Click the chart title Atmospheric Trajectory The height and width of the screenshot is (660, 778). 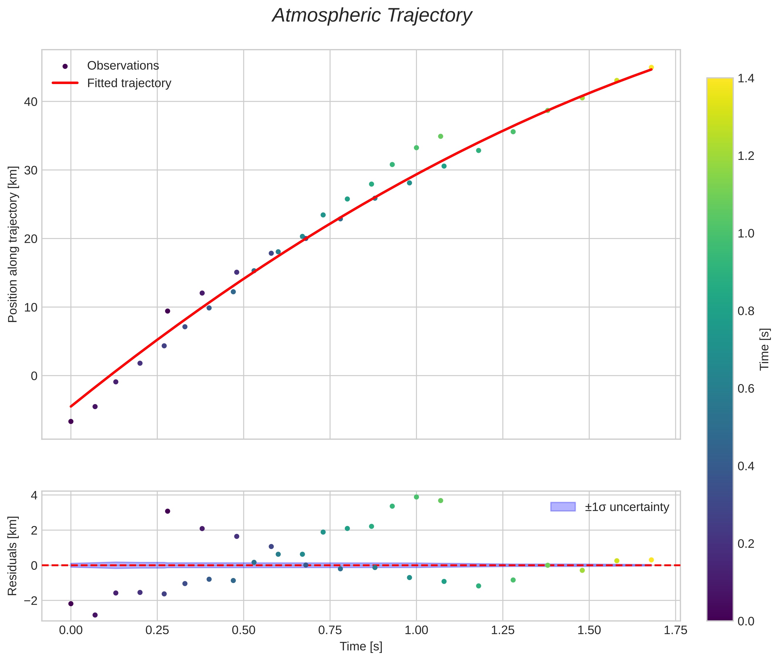pos(372,16)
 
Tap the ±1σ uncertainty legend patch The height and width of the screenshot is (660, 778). pos(563,507)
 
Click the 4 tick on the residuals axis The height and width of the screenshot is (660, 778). pos(34,496)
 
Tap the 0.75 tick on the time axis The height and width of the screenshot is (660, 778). pos(330,630)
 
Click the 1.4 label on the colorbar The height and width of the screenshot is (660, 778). pos(745,78)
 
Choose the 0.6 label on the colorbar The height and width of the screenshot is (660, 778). pos(745,389)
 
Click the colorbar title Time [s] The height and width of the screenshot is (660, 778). pos(764,349)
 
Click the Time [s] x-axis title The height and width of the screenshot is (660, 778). pos(361,646)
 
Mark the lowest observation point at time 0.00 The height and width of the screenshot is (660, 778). pos(71,421)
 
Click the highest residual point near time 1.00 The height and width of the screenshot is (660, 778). pos(416,497)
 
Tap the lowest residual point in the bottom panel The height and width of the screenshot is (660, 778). pos(95,615)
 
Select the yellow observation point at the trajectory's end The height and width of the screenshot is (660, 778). pos(651,67)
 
